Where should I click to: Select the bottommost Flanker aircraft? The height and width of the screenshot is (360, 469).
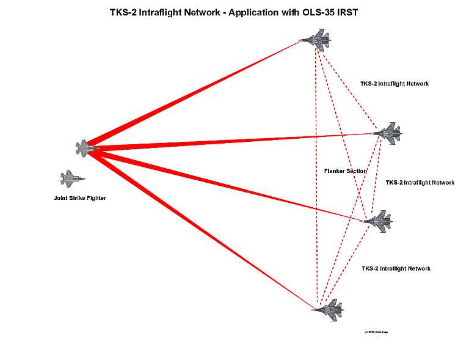point(329,308)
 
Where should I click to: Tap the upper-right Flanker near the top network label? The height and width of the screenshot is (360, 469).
point(388,132)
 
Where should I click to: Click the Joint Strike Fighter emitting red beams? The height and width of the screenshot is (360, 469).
point(87,147)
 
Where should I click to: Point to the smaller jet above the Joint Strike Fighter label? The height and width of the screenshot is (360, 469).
point(72,178)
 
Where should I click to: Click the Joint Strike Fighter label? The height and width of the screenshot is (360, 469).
point(79,198)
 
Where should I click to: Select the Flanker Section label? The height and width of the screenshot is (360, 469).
point(346,171)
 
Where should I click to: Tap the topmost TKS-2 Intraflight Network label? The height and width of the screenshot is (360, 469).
point(394,84)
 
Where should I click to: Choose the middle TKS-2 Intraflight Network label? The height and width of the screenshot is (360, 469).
point(420,183)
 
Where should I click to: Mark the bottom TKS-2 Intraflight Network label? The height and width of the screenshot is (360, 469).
point(396,269)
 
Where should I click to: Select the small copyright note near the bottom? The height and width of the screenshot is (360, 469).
point(376,332)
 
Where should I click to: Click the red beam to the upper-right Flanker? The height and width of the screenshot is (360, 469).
point(232,141)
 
